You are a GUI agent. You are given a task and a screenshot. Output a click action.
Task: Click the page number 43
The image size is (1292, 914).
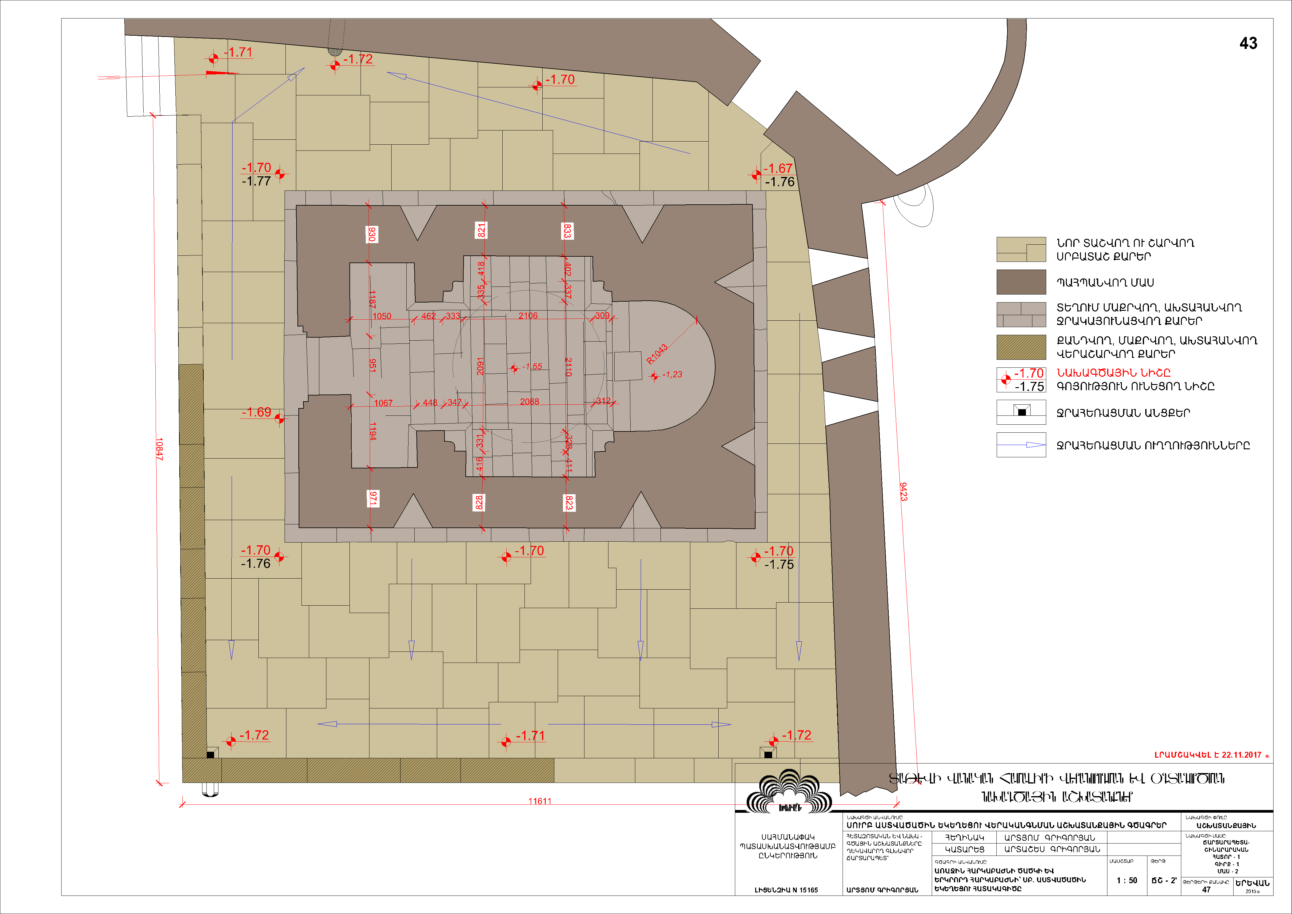click(1248, 43)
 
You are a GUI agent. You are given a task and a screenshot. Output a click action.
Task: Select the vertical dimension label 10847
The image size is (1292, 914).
click(159, 449)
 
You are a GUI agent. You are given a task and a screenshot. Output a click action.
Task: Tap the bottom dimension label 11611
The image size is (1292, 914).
click(540, 801)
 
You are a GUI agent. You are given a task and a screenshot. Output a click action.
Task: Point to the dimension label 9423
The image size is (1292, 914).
click(903, 491)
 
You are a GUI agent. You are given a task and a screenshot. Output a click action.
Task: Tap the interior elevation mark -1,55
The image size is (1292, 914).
click(532, 367)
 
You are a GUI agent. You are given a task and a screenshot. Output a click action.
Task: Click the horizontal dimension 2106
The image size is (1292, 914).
click(528, 316)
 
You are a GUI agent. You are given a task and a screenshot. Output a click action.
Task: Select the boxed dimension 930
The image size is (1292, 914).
click(371, 234)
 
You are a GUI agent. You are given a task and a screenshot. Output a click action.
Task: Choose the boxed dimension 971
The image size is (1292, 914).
click(373, 498)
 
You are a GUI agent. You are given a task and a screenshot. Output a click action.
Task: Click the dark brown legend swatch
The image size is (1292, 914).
click(1021, 282)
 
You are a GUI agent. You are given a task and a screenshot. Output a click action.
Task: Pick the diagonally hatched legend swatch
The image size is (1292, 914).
click(1021, 347)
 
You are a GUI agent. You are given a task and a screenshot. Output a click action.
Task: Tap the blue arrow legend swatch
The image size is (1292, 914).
click(1021, 445)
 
